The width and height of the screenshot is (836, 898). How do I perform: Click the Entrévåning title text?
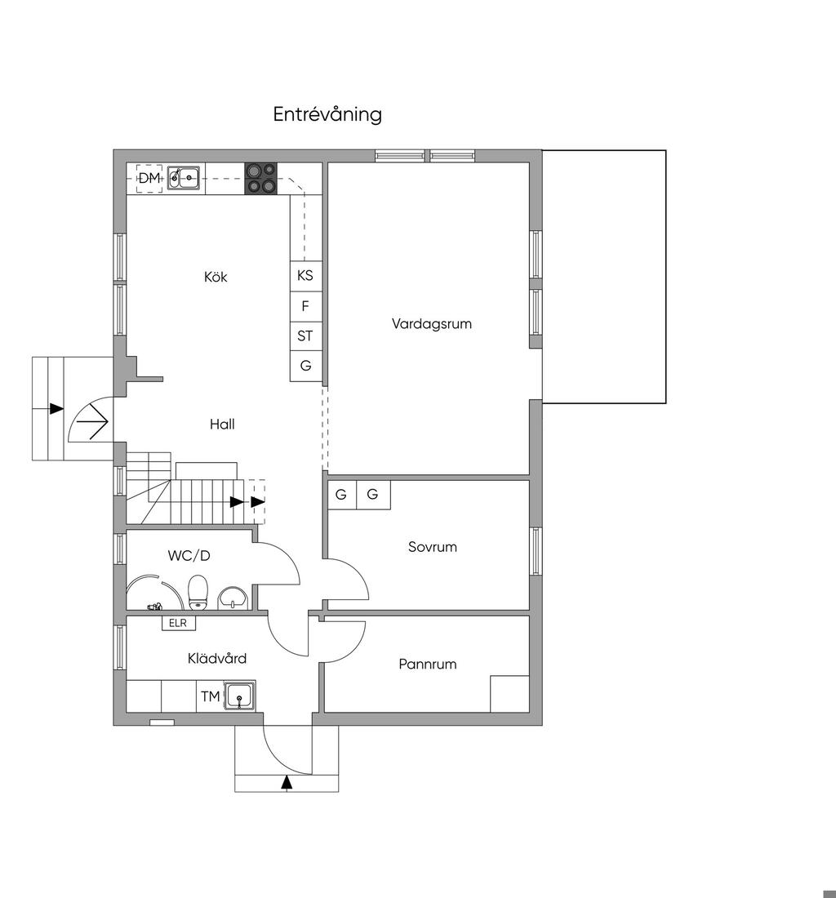(x=327, y=114)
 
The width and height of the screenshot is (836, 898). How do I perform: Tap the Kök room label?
(x=216, y=278)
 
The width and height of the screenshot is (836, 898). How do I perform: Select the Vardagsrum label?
(x=432, y=323)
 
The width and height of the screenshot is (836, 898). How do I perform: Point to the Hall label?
(x=222, y=425)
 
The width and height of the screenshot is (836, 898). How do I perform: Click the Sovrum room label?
(x=433, y=547)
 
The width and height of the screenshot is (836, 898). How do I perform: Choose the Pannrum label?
(x=428, y=665)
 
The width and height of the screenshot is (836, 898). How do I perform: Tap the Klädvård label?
(x=217, y=659)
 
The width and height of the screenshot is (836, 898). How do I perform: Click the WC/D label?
(x=189, y=555)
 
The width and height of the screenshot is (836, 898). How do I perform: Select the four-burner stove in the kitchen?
(x=261, y=179)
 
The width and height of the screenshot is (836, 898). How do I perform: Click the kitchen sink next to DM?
(x=184, y=177)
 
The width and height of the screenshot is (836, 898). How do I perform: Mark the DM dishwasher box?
(x=149, y=178)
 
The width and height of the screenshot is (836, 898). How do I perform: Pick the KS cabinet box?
(x=305, y=276)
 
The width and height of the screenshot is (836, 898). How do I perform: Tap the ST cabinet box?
(x=305, y=336)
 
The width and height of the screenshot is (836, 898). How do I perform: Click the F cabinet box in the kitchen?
(x=305, y=306)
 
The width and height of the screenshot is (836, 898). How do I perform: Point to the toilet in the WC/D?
(x=198, y=592)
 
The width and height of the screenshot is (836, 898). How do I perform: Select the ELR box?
(x=178, y=623)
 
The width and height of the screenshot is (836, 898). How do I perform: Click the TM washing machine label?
(x=211, y=696)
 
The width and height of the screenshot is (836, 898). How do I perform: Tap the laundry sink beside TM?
(x=238, y=696)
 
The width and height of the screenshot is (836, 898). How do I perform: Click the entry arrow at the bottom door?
(x=287, y=783)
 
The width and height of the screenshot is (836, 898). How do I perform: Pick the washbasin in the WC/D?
(x=233, y=598)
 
